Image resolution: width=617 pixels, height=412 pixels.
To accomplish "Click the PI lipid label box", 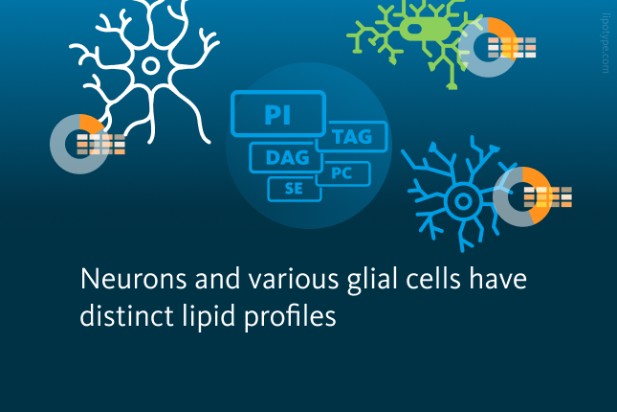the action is pyautogui.click(x=278, y=114).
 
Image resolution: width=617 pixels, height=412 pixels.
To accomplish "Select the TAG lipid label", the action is pyautogui.click(x=351, y=136).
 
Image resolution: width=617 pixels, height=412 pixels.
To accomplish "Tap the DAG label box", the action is pyautogui.click(x=286, y=158).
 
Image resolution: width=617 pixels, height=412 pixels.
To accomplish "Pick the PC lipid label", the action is pyautogui.click(x=342, y=173).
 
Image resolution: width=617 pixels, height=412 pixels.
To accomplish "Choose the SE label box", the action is pyautogui.click(x=295, y=189).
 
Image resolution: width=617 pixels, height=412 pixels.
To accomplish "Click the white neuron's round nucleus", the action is pyautogui.click(x=150, y=65).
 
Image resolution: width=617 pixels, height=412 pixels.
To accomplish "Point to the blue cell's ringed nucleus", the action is pyautogui.click(x=463, y=201).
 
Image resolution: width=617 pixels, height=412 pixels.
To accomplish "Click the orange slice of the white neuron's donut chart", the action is pyautogui.click(x=91, y=123).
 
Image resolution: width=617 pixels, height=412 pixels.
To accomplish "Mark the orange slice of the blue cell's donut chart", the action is pyautogui.click(x=540, y=195).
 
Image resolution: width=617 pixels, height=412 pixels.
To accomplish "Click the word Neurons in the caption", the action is pyautogui.click(x=133, y=279).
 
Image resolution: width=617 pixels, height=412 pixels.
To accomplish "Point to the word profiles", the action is pyautogui.click(x=291, y=316).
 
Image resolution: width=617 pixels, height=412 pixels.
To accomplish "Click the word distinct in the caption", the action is pyautogui.click(x=126, y=316).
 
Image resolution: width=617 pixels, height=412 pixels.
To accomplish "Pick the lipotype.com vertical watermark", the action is pyautogui.click(x=606, y=43).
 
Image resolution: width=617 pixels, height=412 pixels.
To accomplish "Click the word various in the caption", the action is pyautogui.click(x=293, y=280).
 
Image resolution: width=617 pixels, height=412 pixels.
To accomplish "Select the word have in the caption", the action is pyautogui.click(x=497, y=279).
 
